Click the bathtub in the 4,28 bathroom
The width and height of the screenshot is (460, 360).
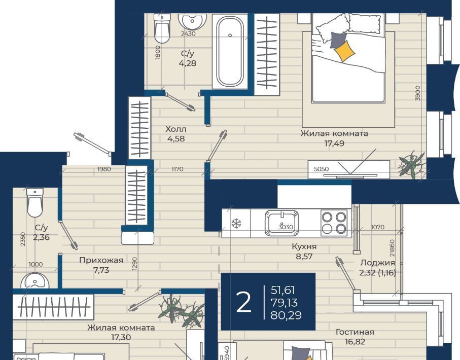tap(230, 51)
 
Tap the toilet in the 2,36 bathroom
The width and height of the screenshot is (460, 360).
tap(35, 202)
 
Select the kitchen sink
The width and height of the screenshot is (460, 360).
tap(282, 223)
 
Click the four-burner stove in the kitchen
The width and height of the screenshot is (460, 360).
tap(334, 223)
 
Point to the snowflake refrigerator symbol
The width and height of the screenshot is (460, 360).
tap(236, 224)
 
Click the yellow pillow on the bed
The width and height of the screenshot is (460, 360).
tap(344, 51)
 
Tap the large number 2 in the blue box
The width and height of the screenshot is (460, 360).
tap(243, 302)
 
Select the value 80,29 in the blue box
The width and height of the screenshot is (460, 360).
tap(286, 315)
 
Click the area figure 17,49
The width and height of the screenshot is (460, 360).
tap(334, 143)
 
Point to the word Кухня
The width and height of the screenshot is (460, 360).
tap(304, 246)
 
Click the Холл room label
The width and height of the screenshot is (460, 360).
tap(175, 129)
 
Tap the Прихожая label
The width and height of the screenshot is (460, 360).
tap(101, 260)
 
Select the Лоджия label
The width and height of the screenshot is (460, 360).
tap(377, 263)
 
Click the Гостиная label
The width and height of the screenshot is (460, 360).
tap(355, 332)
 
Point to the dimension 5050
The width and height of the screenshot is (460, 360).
tap(321, 169)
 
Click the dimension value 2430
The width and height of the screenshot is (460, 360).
tap(188, 34)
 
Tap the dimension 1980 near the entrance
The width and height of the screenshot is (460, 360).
tap(104, 169)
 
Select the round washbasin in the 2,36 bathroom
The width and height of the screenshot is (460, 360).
tap(35, 280)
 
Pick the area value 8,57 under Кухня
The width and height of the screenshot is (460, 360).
tap(304, 257)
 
